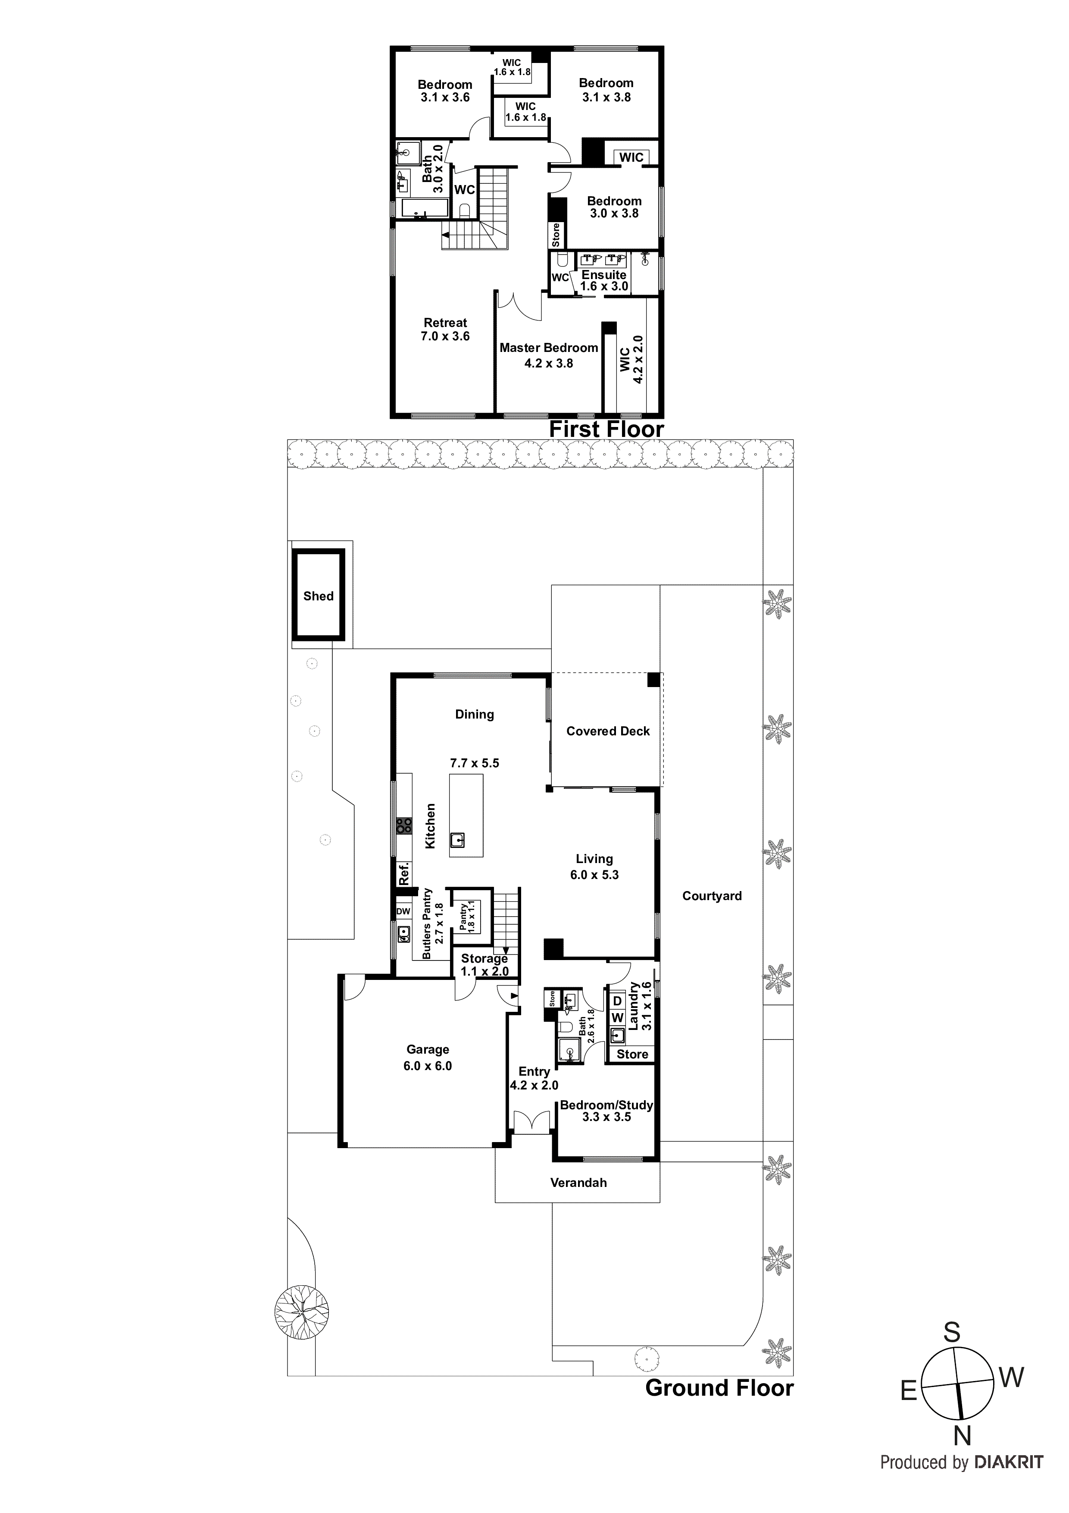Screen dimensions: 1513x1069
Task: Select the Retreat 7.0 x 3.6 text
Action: [x=445, y=330]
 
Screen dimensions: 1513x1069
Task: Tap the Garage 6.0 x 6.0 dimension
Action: [x=428, y=1066]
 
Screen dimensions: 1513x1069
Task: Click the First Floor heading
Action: [x=606, y=429]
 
